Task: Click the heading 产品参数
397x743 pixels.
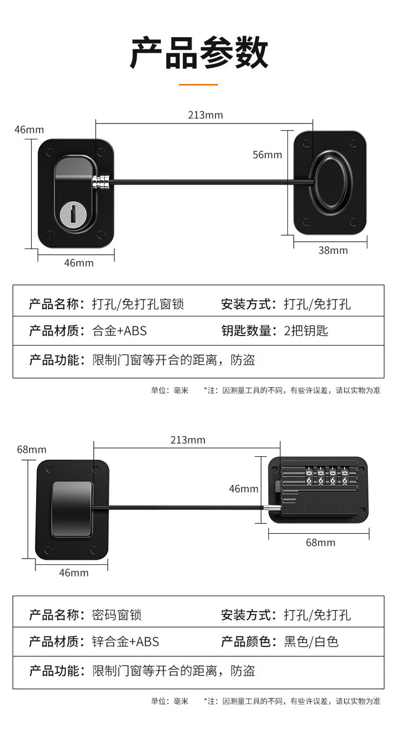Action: (x=198, y=53)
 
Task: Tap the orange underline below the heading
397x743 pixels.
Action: (x=198, y=85)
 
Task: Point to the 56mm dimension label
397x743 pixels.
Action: (x=267, y=155)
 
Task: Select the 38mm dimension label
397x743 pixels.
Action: (x=333, y=250)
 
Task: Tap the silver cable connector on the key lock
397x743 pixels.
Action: (x=101, y=181)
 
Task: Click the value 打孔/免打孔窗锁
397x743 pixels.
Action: (x=138, y=304)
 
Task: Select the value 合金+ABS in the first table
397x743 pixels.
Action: (x=119, y=331)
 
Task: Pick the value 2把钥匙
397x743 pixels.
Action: (x=306, y=331)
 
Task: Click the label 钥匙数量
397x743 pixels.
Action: (x=246, y=331)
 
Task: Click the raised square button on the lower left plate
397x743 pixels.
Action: (x=72, y=509)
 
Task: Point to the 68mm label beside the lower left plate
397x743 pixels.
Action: (x=31, y=449)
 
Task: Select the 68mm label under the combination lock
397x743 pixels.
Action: (x=320, y=543)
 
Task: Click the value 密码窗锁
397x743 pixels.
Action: (x=116, y=615)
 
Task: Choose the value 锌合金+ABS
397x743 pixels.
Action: (x=125, y=642)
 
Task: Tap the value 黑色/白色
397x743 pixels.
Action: (x=311, y=642)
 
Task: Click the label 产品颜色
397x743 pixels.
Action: (x=246, y=642)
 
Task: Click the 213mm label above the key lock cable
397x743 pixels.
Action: (x=205, y=115)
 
